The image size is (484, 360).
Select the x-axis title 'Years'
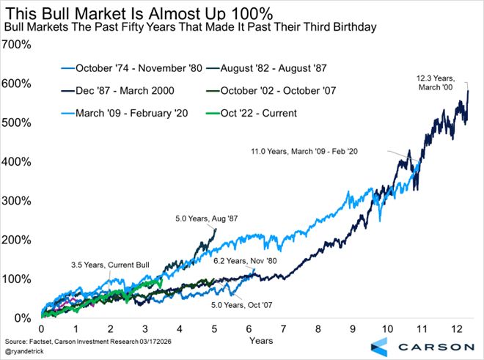[x=261, y=341]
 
